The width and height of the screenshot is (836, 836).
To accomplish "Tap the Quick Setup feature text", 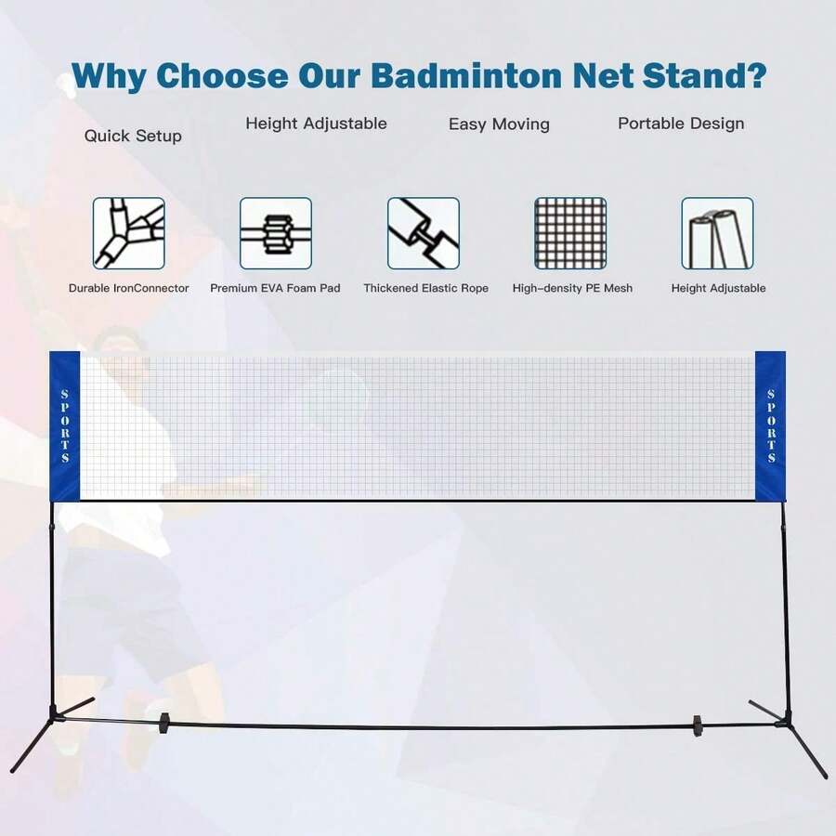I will (x=133, y=136).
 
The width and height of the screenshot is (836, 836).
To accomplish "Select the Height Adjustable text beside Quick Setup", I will (x=316, y=123).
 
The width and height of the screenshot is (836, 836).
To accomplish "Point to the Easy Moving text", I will (x=499, y=124).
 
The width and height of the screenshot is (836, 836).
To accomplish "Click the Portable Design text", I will (x=681, y=123).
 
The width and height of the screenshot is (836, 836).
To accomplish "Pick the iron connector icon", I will (x=128, y=233).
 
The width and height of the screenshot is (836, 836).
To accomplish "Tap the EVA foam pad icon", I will (x=276, y=233).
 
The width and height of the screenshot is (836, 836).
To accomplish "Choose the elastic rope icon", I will (x=424, y=233).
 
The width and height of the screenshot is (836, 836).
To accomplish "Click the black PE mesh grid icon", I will (x=570, y=233).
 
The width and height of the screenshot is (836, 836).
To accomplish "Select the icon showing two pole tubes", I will (x=717, y=233).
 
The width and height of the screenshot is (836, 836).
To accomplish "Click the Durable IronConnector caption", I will (x=128, y=288).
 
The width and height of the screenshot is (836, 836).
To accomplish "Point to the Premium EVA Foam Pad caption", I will (x=275, y=288).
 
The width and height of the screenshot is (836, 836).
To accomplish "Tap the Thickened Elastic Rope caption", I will (x=425, y=288).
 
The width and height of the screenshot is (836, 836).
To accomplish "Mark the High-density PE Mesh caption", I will (x=572, y=288).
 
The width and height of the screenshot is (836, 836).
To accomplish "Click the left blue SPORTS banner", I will (x=64, y=426).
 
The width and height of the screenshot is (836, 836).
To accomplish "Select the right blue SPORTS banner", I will (x=771, y=426).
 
